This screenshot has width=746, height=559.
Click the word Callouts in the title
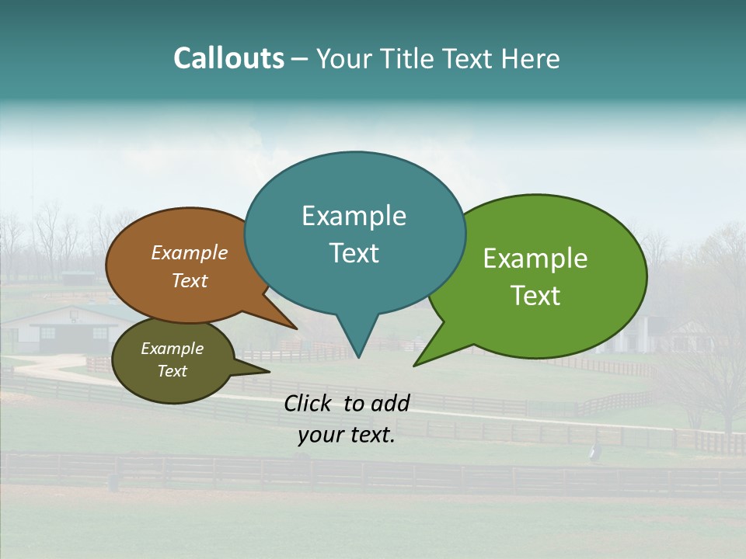228,58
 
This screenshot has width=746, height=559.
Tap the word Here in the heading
531,59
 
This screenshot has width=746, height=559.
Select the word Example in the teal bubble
354,216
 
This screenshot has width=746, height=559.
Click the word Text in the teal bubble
354,253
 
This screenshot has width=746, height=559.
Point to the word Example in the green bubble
535,259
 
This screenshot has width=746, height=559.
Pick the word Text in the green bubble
535,296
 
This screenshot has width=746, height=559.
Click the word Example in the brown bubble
190,253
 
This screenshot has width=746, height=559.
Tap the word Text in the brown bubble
190,280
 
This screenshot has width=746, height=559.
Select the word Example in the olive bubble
172,349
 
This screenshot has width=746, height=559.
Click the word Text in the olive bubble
172,371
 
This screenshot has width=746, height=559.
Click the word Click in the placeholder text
309,403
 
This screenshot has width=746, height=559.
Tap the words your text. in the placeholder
347,436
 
